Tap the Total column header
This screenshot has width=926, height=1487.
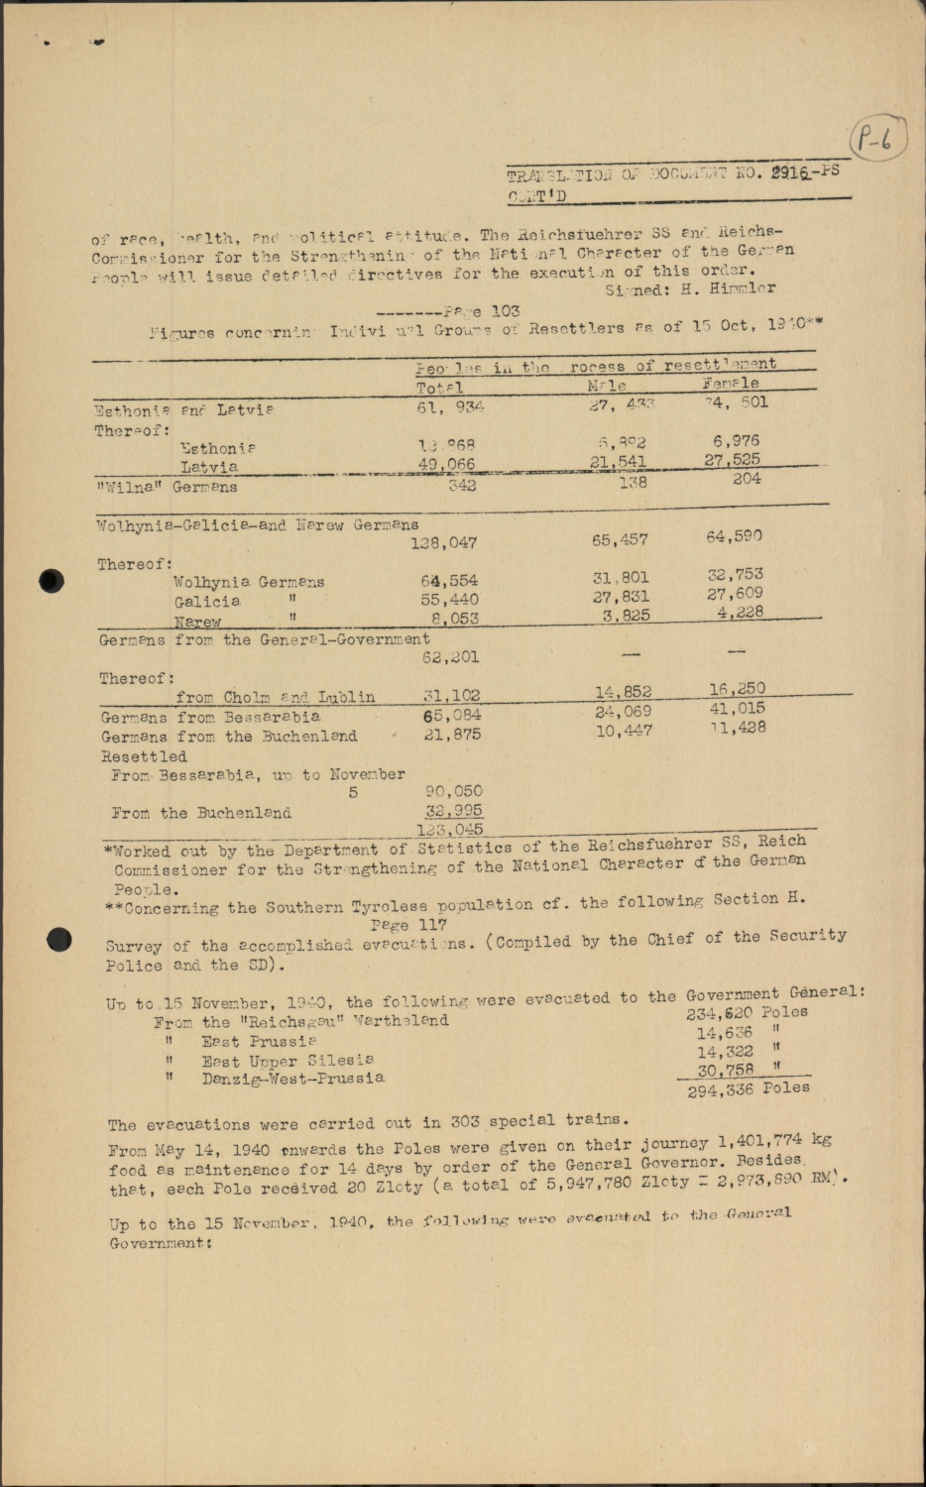tap(439, 388)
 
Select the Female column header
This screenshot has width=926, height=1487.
tap(731, 383)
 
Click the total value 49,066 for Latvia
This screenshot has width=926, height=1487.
tap(447, 464)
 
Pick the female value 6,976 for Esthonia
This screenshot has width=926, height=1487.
tap(736, 440)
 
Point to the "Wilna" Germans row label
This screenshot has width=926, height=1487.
tap(167, 487)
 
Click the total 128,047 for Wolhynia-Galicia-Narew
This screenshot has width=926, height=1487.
tap(443, 542)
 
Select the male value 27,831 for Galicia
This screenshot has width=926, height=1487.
tap(621, 597)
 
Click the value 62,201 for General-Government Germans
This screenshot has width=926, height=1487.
tap(450, 656)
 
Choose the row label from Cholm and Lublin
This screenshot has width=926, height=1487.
tap(276, 697)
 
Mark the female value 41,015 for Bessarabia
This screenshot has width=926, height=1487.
tap(737, 708)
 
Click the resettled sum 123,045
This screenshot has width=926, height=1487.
tap(450, 830)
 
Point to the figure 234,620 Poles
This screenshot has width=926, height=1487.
tap(746, 1013)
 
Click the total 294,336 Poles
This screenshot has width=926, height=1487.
tap(749, 1089)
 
